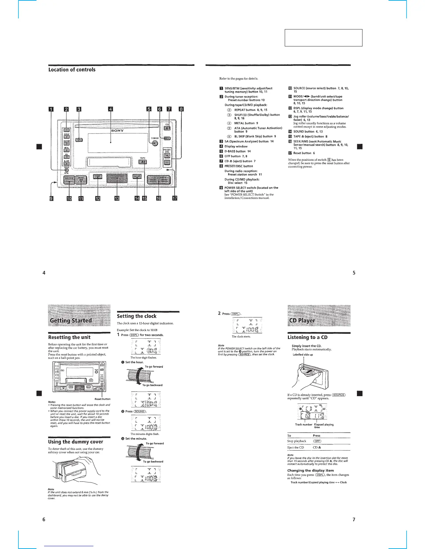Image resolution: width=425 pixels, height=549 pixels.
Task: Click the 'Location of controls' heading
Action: point(72,70)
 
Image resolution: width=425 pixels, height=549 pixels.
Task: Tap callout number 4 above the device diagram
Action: point(110,110)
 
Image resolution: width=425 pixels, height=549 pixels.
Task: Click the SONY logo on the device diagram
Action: point(117,131)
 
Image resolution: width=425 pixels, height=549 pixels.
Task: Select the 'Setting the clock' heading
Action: point(137,316)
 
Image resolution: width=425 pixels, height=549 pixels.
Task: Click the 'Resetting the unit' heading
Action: point(69,337)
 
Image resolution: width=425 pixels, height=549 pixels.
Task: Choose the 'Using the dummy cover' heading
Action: point(75,442)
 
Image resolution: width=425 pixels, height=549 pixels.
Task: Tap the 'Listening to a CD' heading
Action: point(307,337)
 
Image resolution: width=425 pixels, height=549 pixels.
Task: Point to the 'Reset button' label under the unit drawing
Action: point(102,399)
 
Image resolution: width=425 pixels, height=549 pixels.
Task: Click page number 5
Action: point(354,273)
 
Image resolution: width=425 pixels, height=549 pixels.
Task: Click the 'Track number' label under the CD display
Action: point(303,424)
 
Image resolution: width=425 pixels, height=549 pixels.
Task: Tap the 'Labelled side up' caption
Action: point(302,355)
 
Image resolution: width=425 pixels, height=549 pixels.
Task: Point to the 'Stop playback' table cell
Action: point(297,441)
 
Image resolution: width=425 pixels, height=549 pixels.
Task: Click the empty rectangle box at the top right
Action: point(323,38)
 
